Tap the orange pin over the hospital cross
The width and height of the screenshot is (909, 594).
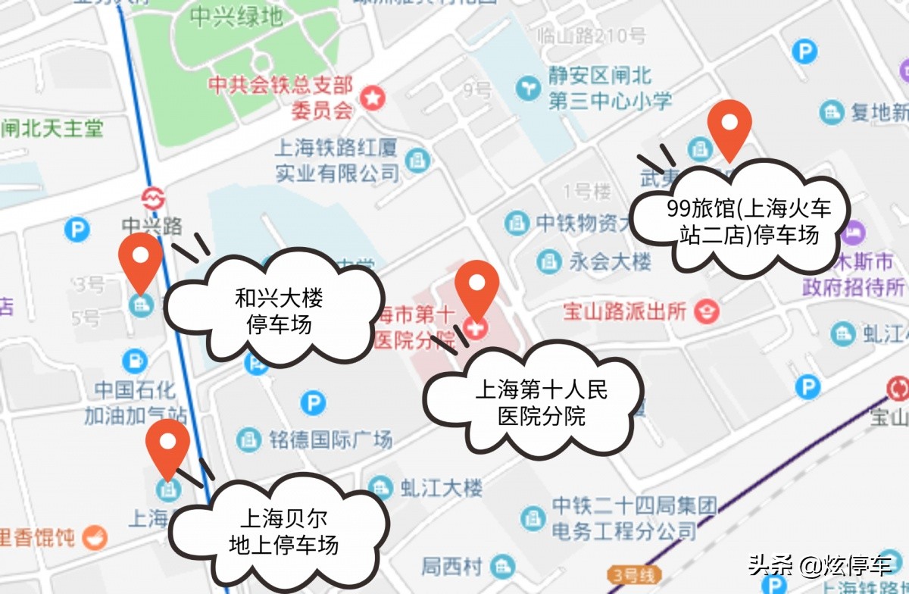coord(477,288)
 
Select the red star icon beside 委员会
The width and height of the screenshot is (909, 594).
coord(372,97)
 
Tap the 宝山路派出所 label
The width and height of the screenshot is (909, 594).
coord(624,311)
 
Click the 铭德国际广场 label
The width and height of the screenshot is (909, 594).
coord(330,439)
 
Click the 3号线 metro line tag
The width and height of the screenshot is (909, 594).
coord(623,574)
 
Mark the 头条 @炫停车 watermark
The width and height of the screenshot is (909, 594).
coord(821,565)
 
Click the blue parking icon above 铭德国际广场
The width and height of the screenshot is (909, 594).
coord(313,402)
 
